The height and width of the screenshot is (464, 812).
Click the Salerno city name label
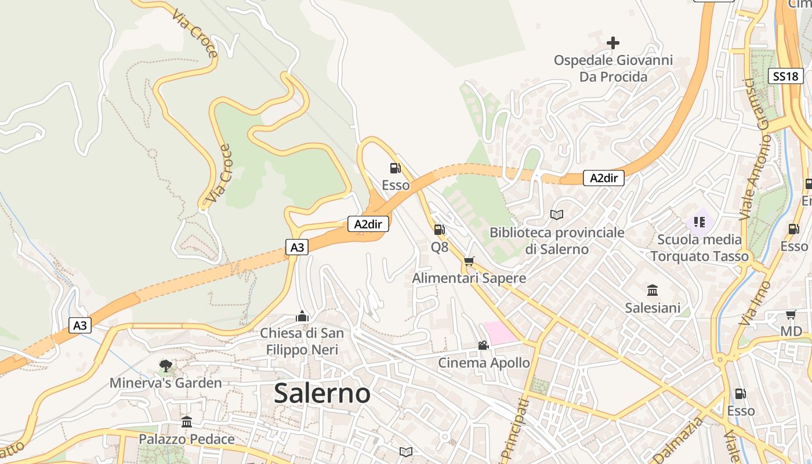coord(322,393)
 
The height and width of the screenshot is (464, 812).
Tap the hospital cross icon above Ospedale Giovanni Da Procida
coord(612,42)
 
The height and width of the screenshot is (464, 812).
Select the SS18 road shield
coord(785,76)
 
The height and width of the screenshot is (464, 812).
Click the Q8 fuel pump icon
coord(439,230)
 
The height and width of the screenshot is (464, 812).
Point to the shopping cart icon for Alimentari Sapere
coord(469,262)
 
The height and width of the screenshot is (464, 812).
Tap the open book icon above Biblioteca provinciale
coord(556,215)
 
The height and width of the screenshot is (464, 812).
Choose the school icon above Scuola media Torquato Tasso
coord(699,222)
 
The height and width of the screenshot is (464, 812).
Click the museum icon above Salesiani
coord(652,290)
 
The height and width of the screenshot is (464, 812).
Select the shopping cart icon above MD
coord(791,315)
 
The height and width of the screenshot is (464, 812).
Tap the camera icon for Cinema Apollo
coord(483,346)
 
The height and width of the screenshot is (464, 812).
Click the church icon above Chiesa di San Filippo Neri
coord(302,316)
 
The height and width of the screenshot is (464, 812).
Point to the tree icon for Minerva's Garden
coord(165,365)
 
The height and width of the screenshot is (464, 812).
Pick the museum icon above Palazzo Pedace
coord(186,422)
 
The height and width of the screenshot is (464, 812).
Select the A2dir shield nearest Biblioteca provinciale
coord(603,178)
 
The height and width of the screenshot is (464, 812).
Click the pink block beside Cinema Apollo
coord(500,332)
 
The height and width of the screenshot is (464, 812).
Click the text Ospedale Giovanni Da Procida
coord(613,68)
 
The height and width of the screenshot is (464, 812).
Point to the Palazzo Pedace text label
coord(186,439)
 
